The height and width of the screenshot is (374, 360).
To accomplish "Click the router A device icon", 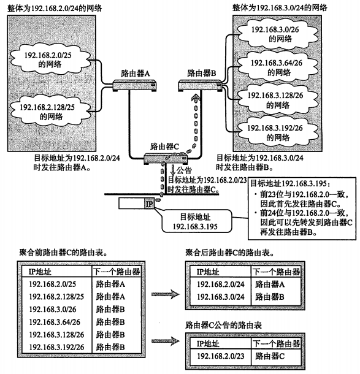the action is click(135, 86).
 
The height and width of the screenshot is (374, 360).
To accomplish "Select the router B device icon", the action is click(201, 86).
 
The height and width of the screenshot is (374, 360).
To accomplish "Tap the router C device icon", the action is click(166, 159).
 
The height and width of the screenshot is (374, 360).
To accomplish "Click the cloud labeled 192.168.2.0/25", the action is click(50, 59).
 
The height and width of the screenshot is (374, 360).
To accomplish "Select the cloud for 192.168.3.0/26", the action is click(278, 34).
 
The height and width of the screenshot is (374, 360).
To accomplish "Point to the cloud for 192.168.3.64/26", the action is click(278, 67).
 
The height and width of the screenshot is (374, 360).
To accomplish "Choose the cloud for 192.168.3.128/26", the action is click(278, 100).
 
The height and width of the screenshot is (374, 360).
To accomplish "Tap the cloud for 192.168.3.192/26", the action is click(278, 132).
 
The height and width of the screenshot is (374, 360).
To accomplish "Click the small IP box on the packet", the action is click(149, 204).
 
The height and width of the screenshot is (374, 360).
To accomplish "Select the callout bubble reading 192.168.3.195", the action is click(196, 221).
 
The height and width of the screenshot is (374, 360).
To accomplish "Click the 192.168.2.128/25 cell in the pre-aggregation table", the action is click(56, 297).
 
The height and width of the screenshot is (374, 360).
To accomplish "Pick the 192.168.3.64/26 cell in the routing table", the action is click(55, 322).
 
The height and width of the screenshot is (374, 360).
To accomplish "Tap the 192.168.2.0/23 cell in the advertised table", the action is click(221, 356).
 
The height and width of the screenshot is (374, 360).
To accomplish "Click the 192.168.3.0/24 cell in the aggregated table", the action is click(221, 297).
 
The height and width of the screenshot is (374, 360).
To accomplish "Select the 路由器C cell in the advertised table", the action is click(270, 356).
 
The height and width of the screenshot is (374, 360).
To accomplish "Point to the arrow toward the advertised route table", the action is click(166, 341).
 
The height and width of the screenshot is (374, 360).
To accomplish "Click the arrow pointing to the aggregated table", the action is click(166, 294).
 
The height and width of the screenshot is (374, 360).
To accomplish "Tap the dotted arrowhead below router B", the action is click(196, 98).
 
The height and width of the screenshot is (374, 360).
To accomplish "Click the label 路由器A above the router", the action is click(136, 73).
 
